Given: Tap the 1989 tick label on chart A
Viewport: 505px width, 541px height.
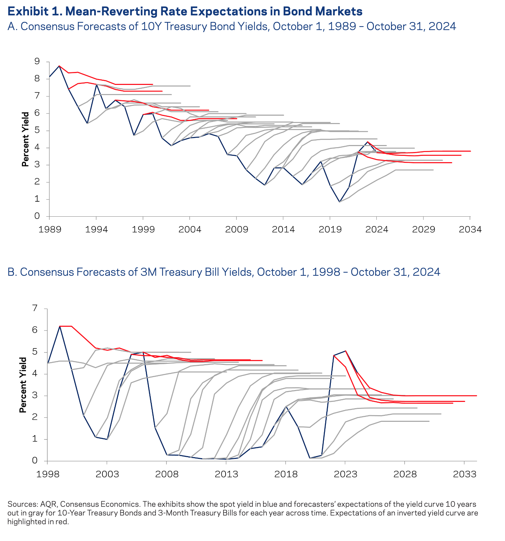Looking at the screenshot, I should click(49, 230).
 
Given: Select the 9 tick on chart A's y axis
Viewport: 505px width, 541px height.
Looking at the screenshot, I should click(37, 62).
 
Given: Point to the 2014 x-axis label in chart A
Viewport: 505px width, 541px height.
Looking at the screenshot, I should click(284, 230).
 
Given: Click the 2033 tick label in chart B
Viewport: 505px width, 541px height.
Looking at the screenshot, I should click(464, 474).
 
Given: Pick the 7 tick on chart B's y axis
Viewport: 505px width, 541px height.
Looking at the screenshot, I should click(35, 309).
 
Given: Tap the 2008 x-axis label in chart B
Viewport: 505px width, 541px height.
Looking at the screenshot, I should click(167, 474).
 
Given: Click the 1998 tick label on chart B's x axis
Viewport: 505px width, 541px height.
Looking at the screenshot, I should click(47, 474).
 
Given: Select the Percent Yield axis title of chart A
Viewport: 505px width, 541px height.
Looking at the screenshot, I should click(25, 139).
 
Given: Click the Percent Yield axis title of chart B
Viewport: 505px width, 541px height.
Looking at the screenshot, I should click(23, 385).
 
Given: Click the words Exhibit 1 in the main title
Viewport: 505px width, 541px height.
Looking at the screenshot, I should click(34, 12).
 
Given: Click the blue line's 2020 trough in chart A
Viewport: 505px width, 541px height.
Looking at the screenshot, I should click(339, 202).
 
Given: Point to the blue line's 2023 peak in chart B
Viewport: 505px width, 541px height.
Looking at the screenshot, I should click(346, 351).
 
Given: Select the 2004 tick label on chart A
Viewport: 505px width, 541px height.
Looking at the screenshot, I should click(190, 230).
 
